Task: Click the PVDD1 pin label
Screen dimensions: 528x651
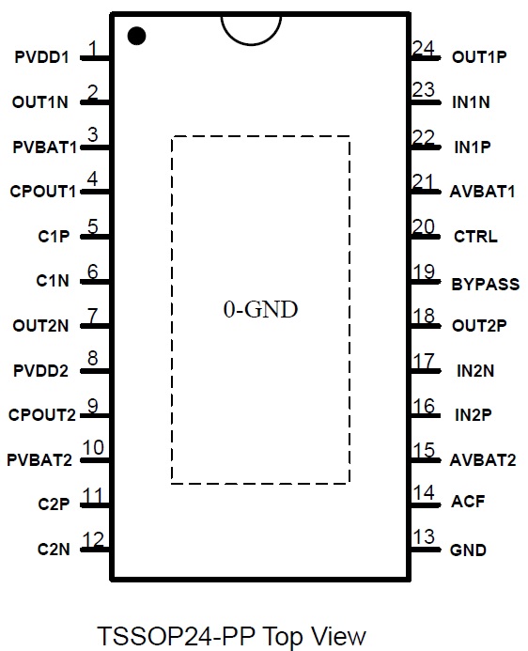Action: pos(42,57)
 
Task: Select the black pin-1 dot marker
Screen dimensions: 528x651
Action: pos(136,36)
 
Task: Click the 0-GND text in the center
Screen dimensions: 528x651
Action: pos(260,309)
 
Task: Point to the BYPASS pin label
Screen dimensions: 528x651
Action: pos(485,285)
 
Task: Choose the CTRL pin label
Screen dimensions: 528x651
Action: pos(475,237)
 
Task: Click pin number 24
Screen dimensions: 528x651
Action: pos(424,48)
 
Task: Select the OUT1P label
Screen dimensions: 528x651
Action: pos(479,57)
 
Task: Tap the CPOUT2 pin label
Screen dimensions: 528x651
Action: pos(42,415)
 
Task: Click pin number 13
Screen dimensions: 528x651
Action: pos(424,536)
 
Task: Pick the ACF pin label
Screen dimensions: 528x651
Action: pos(468,502)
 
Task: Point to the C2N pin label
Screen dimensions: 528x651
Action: pos(54,550)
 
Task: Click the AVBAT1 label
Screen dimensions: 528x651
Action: pos(482,192)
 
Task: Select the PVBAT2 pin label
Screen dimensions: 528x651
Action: pos(39,460)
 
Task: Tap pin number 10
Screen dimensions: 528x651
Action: pos(93,447)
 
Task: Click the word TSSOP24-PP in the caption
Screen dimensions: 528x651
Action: pos(176,636)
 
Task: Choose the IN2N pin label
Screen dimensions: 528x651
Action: pos(475,371)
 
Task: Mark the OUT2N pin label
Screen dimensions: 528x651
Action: pos(40,326)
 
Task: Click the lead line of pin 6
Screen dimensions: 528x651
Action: pos(95,282)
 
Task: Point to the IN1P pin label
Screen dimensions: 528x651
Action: pos(473,147)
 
